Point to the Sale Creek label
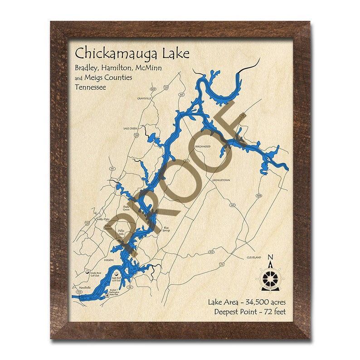click(x=130, y=128)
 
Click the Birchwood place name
click(x=203, y=147)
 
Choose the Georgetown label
click(x=221, y=180)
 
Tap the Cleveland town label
click(x=254, y=257)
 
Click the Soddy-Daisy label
click(x=103, y=219)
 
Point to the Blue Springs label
click(x=166, y=229)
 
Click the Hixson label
click(x=108, y=260)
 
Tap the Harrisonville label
click(x=84, y=287)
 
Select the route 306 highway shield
click(x=259, y=195)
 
